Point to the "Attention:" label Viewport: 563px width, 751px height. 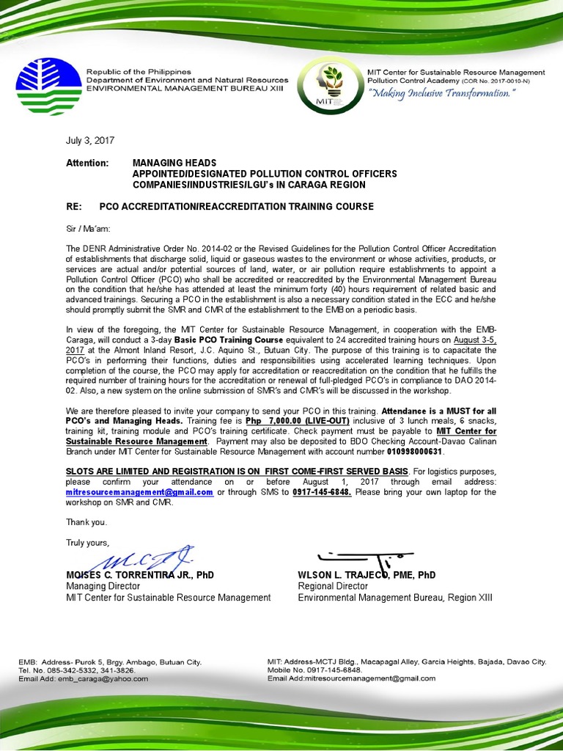(x=87, y=162)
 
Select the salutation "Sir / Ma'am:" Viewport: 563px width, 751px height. (x=89, y=229)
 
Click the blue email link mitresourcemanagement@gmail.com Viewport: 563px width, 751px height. (x=139, y=493)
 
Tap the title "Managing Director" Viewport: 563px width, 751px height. (x=101, y=586)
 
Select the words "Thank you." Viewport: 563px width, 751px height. (x=87, y=523)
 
